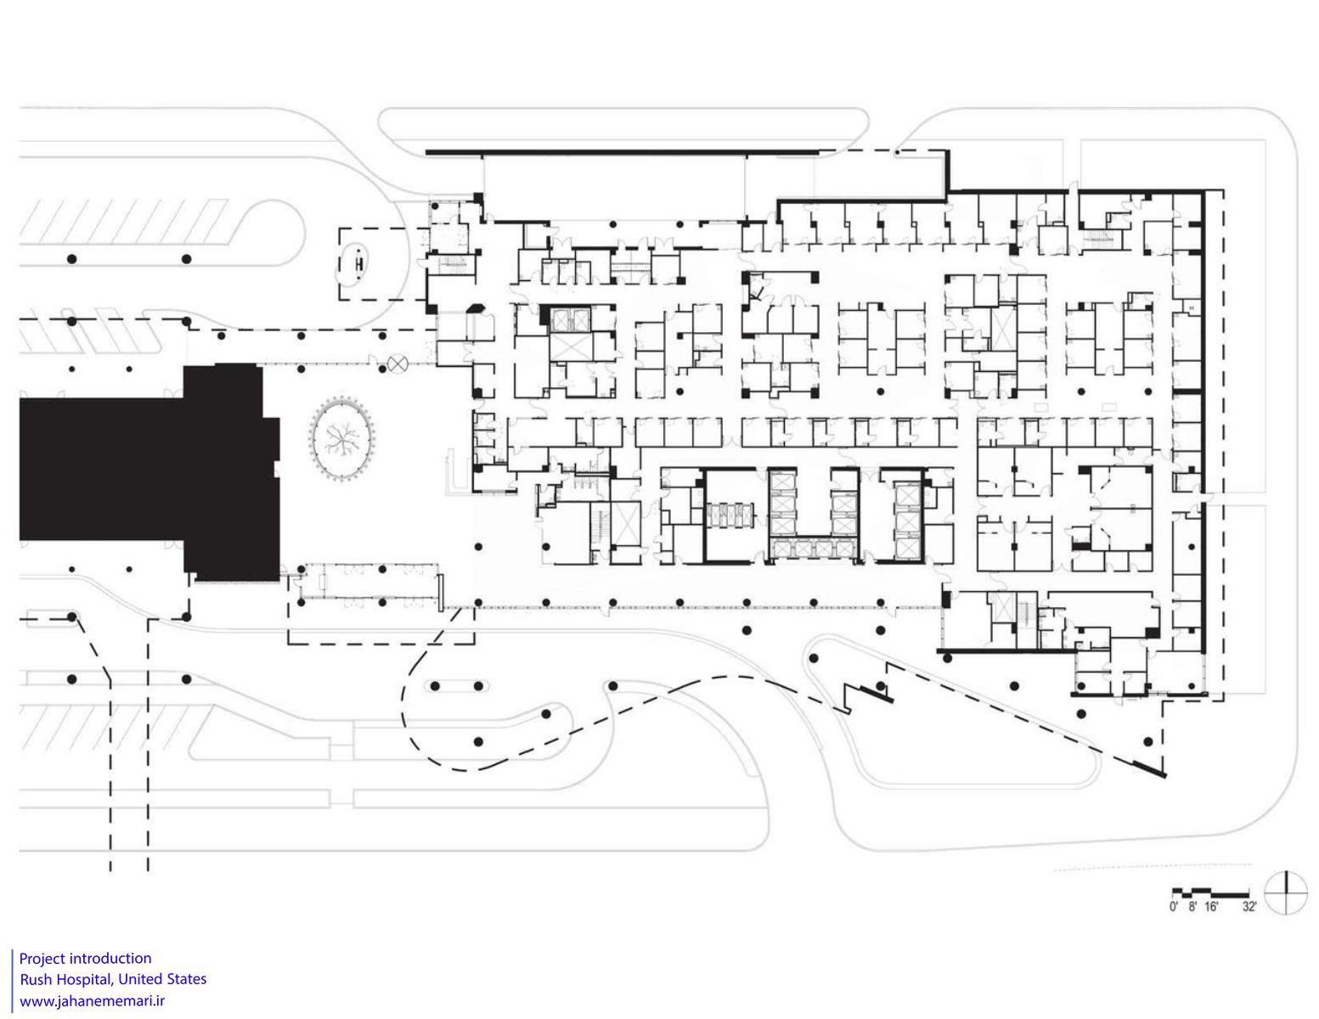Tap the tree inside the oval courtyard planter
[x=341, y=437]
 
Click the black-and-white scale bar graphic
[x=1209, y=892]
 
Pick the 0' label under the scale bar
[x=1174, y=907]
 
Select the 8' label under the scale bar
[x=1192, y=907]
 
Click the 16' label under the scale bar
[x=1211, y=907]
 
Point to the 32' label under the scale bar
[x=1249, y=907]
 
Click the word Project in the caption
[x=42, y=959]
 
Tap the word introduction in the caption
[x=110, y=959]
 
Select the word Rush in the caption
[x=36, y=979]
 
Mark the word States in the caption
[x=186, y=979]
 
